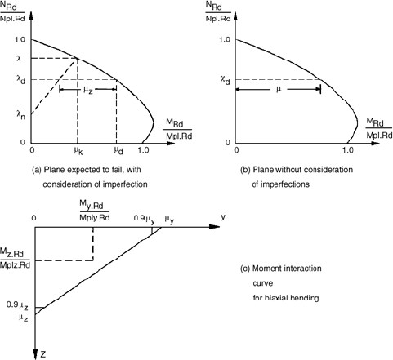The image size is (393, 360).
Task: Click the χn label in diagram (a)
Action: point(20,115)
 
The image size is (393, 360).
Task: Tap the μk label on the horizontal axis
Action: point(78,151)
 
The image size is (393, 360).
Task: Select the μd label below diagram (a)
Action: point(118,151)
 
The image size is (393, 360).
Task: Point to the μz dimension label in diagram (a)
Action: point(88,90)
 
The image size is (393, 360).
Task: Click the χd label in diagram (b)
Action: point(225,80)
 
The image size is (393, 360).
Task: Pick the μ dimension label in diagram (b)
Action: point(279,89)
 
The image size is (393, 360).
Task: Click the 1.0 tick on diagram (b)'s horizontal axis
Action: point(348,150)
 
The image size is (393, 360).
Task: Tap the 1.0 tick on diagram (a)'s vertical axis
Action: point(20,40)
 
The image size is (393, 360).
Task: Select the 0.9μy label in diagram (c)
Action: point(145,220)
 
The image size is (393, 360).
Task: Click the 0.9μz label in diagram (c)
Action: point(17,306)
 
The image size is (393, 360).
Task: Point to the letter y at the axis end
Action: point(223,217)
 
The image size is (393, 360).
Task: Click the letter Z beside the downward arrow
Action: point(43,354)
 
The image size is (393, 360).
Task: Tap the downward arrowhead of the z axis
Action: point(35,353)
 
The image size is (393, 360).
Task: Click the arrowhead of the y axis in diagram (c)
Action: point(214,227)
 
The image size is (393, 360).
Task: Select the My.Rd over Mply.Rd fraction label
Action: point(95,211)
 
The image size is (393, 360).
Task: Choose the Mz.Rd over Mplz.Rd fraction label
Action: point(15,258)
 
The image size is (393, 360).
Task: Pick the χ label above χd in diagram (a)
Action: point(19,58)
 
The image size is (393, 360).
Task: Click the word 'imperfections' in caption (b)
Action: point(285,184)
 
